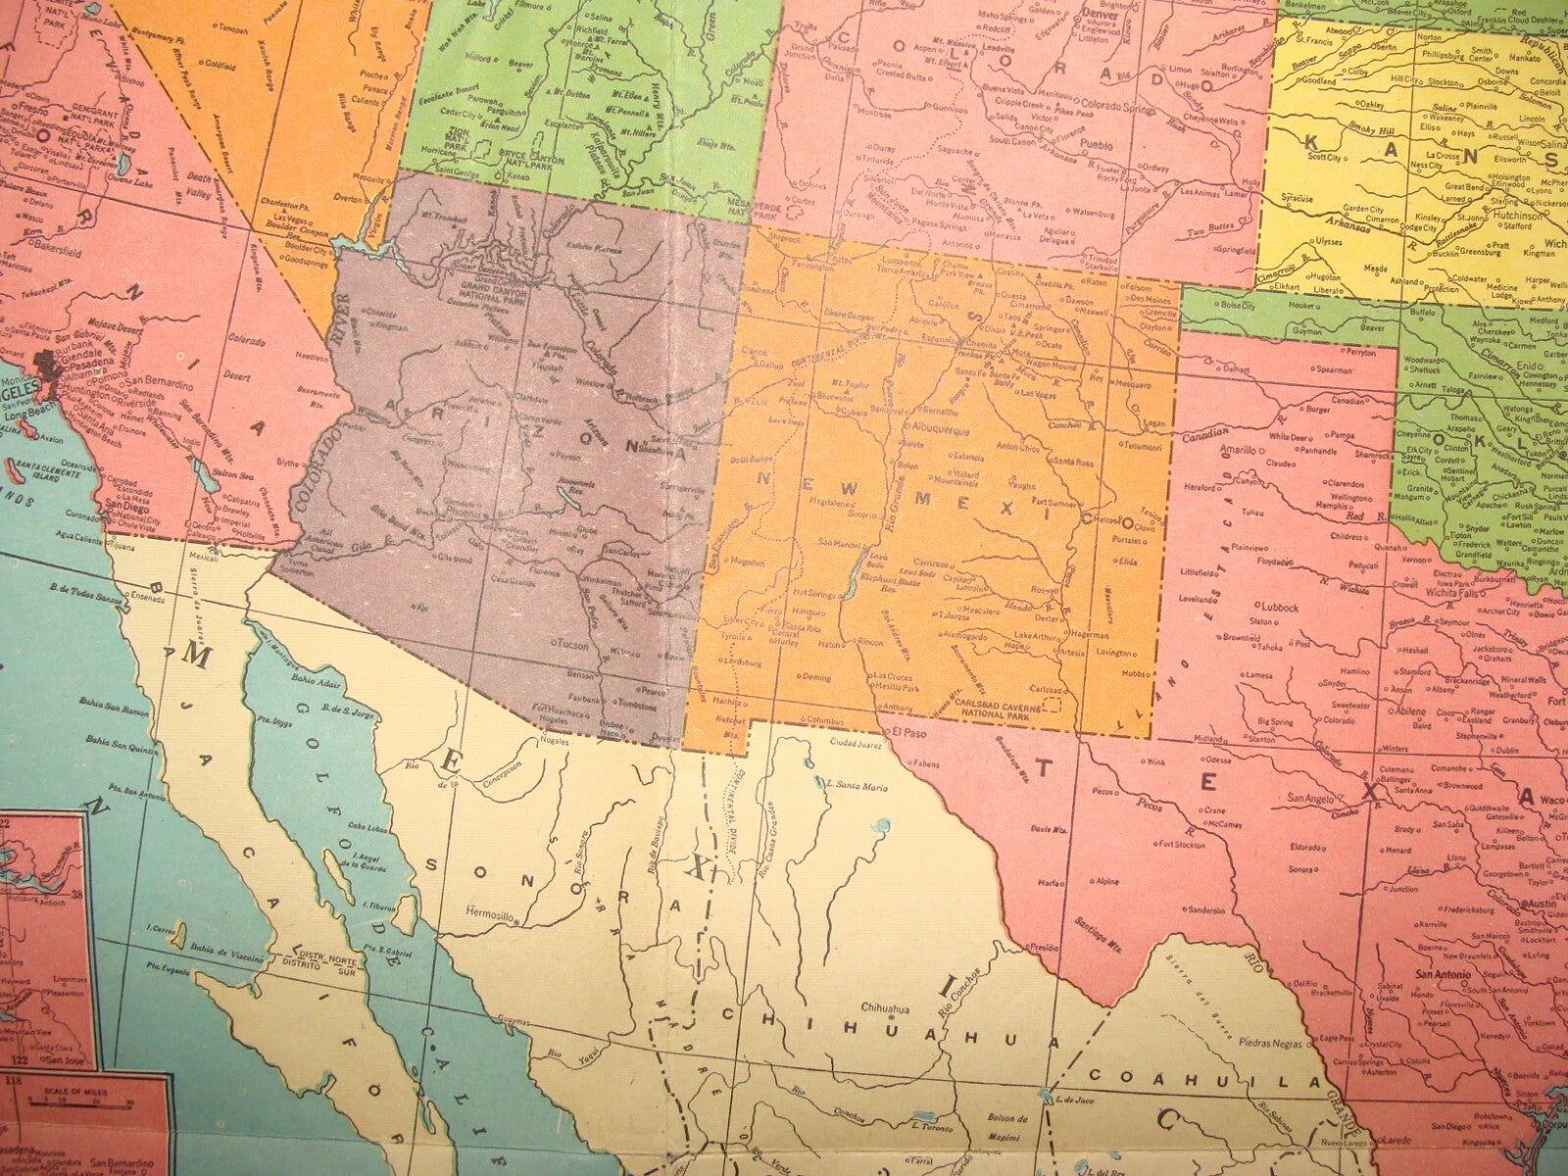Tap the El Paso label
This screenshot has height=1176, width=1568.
tap(906, 732)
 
